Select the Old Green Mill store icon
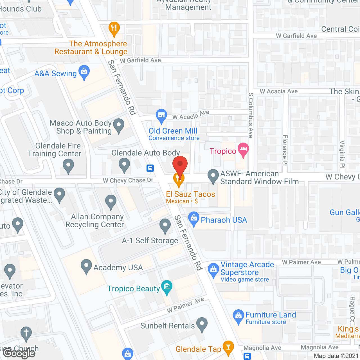tap(161, 116)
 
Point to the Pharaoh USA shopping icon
tap(193, 219)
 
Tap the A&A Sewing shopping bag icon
tap(84, 72)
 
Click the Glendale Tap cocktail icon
tap(228, 347)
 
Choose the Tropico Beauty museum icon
tap(167, 287)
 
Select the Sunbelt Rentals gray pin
tap(202, 324)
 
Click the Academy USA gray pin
tap(86, 266)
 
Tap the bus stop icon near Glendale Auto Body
tap(150, 168)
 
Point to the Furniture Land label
tap(271, 315)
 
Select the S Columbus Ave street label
tap(251, 115)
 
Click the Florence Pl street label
tap(285, 150)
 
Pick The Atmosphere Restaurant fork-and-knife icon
tap(114, 28)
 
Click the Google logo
tap(19, 353)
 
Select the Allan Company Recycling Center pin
tap(111, 202)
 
